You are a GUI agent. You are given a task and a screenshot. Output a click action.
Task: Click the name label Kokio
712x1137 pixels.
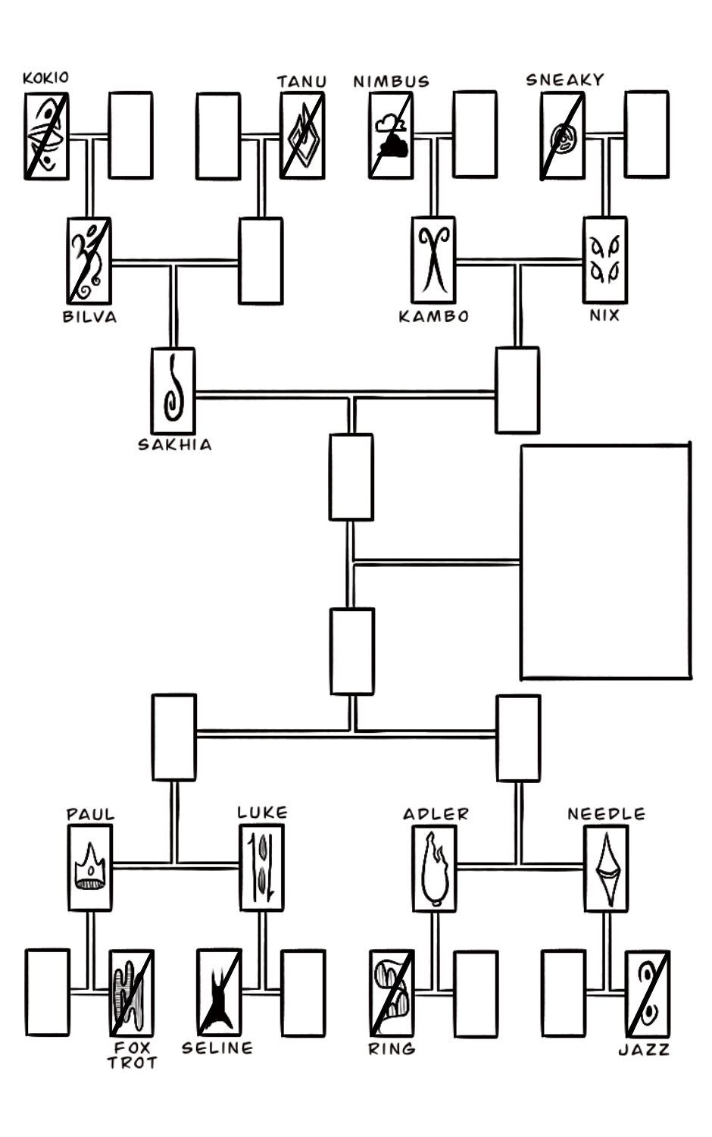point(45,77)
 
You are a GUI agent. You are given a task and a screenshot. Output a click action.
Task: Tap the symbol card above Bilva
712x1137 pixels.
point(89,261)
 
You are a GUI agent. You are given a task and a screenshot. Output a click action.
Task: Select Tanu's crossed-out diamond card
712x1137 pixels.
point(302,136)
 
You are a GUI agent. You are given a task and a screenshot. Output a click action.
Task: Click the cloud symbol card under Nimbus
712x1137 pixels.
point(391,136)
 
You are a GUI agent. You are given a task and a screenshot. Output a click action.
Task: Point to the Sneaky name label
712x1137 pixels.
point(565,80)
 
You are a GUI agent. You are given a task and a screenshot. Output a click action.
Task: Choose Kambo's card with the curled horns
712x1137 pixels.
point(433,260)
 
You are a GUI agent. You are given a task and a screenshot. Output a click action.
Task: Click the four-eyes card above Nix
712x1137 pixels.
point(604,260)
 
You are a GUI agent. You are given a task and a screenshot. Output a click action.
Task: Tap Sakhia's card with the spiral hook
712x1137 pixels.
point(173,391)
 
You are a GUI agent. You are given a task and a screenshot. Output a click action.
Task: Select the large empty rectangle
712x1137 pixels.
point(605,562)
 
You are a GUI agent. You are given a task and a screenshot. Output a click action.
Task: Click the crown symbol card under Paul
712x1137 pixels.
point(90,867)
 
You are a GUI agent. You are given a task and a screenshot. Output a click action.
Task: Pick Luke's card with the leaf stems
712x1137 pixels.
point(262,867)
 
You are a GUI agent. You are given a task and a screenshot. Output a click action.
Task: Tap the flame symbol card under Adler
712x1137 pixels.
point(434,868)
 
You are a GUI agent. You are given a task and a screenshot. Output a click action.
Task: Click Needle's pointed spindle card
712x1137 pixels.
point(606,868)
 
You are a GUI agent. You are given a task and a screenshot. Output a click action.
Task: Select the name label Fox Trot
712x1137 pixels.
point(132,1054)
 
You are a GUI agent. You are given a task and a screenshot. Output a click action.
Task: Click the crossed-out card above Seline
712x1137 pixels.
point(218,992)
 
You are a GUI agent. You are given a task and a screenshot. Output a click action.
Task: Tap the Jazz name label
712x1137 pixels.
point(644,1050)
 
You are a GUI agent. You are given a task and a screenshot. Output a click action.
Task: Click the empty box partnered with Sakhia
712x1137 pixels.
point(517,390)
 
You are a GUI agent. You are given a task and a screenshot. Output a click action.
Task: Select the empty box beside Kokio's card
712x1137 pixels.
point(130,136)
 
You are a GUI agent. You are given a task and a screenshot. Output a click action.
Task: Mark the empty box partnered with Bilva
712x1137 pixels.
point(261,261)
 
